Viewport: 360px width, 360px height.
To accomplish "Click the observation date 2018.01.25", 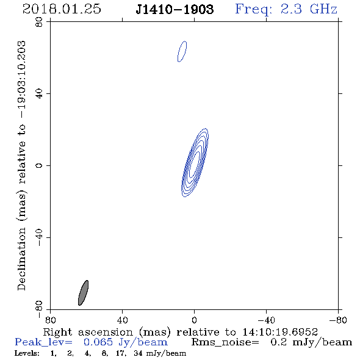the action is pos(62,9).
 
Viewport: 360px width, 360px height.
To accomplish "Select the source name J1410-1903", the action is pos(175,10).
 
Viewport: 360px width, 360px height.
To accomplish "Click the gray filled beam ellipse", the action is pos(83,293).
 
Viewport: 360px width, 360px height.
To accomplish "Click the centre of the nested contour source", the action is pos(195,162).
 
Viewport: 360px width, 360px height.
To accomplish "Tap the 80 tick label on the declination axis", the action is pos(39,22).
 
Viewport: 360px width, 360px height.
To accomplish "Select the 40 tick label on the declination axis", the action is pos(39,94).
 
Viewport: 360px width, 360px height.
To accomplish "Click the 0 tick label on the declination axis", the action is pos(39,165).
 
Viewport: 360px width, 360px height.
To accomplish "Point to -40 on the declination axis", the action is pos(39,237).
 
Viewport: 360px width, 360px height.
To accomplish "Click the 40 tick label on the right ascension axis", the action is pos(122,320).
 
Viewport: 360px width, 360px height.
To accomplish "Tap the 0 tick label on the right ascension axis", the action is pos(194,320).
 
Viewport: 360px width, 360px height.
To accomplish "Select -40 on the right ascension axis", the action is pos(266,320).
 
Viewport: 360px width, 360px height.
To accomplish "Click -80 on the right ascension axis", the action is pos(338,320).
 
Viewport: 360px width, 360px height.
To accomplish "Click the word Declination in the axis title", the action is pos(21,259).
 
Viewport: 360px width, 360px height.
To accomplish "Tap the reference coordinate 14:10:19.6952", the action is pos(280,332).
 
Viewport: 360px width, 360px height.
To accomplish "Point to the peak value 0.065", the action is pos(98,342).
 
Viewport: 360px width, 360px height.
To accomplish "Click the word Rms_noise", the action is pos(225,342).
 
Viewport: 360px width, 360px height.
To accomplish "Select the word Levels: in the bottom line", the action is pos(27,353).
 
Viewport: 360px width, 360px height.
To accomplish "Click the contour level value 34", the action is pos(139,353).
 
